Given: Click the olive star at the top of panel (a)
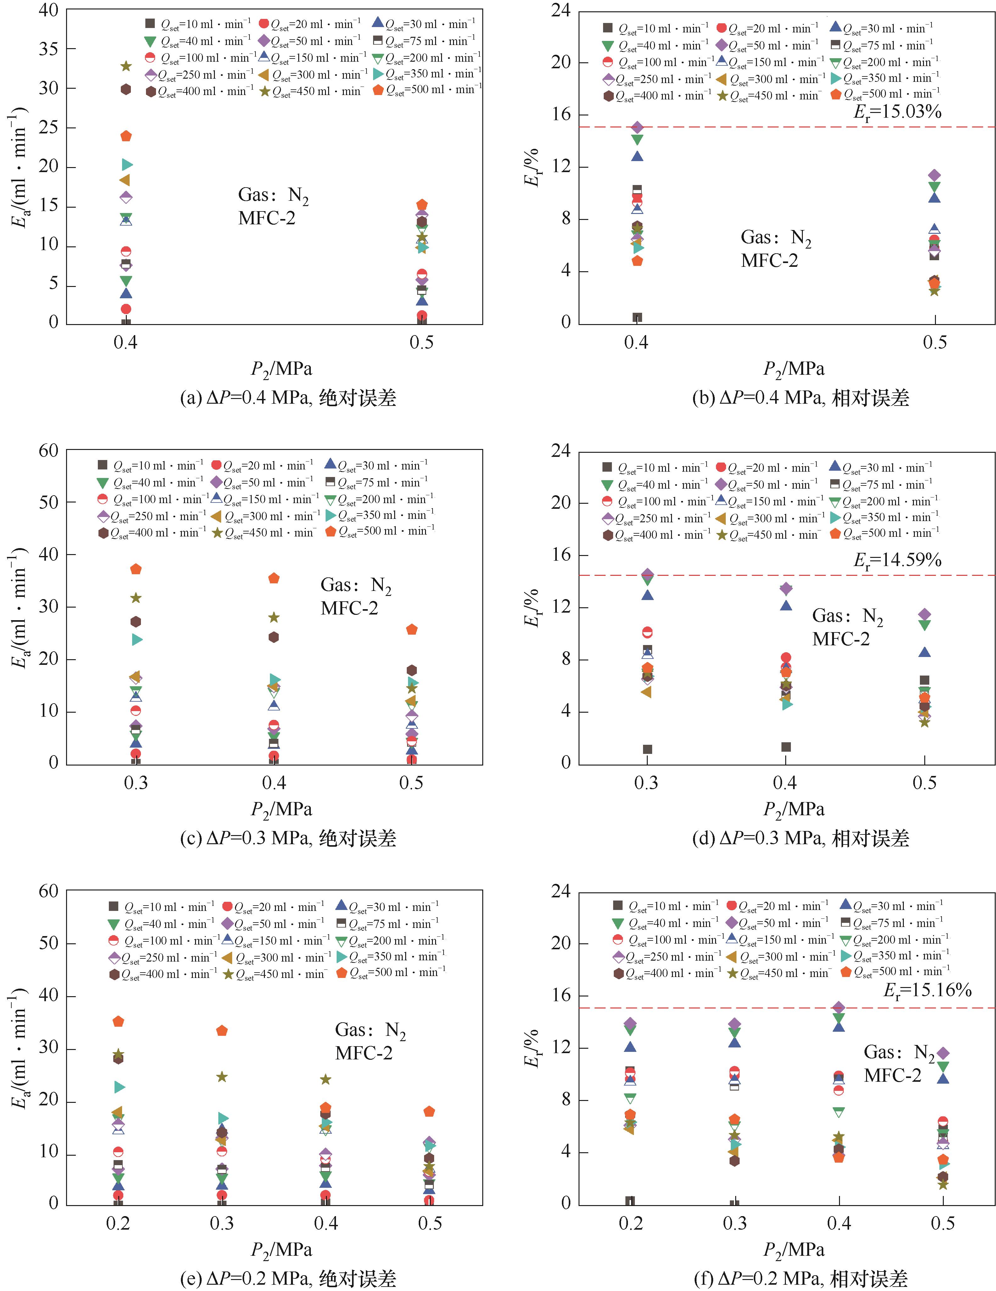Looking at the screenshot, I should click(126, 66).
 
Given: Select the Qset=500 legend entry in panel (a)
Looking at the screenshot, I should click(427, 90).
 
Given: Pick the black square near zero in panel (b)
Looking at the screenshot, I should click(637, 317).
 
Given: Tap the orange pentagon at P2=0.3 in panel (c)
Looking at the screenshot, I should click(136, 569).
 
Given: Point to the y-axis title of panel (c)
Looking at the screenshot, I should click(20, 607).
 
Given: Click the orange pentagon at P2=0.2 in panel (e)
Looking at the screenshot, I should click(118, 1021).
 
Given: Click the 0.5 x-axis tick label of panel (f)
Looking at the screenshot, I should click(943, 1224).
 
